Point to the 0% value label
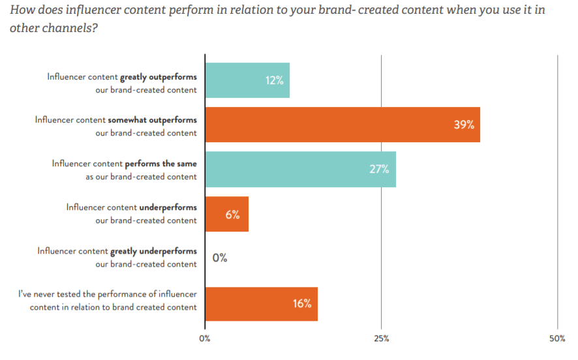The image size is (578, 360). point(220,258)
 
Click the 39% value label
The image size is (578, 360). point(464,125)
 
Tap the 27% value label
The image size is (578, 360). point(378,169)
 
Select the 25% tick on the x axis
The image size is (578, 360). point(382,338)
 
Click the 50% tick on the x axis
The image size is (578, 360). point(557,338)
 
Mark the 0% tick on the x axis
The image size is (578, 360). point(205,338)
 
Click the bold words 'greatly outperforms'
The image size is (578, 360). point(159,76)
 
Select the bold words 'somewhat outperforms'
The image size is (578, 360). point(155,120)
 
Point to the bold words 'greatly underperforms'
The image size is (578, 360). point(154,250)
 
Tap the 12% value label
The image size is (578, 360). point(274,81)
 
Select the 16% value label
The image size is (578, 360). point(302,303)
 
